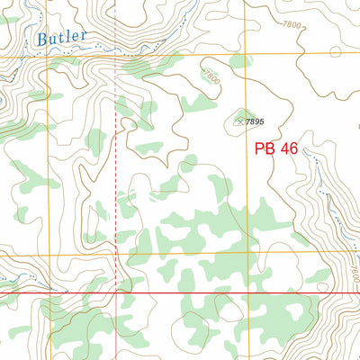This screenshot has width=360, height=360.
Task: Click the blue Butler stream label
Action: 63,37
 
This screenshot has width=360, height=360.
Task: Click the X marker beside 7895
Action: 239,120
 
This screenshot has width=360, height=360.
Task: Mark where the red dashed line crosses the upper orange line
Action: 116,58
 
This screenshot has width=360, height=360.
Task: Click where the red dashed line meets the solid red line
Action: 116,293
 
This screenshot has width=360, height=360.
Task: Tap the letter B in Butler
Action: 44,38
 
